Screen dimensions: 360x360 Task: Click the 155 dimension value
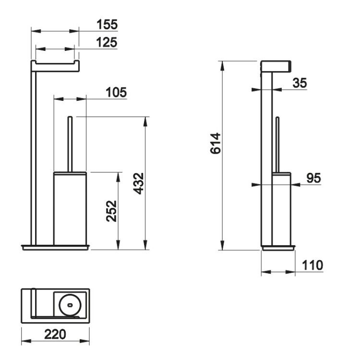(x=107, y=24)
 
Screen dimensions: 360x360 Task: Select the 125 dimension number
(x=107, y=42)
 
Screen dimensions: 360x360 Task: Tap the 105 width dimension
(x=116, y=92)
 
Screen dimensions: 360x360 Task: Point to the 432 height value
(x=139, y=183)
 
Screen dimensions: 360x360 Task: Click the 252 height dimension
(x=111, y=211)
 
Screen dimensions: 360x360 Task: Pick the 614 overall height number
(x=216, y=143)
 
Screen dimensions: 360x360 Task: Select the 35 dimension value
(x=300, y=83)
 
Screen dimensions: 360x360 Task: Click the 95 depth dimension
(x=314, y=178)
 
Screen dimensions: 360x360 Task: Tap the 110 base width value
(x=312, y=265)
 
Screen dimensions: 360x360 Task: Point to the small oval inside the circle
(x=70, y=305)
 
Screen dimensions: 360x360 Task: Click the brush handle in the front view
(x=70, y=144)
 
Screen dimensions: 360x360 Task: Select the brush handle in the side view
(x=277, y=144)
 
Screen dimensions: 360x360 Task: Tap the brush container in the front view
(x=70, y=208)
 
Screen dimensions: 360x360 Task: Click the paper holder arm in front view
(x=55, y=66)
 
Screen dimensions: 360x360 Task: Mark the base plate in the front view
(x=56, y=247)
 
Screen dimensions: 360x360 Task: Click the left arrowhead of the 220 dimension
(x=26, y=341)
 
